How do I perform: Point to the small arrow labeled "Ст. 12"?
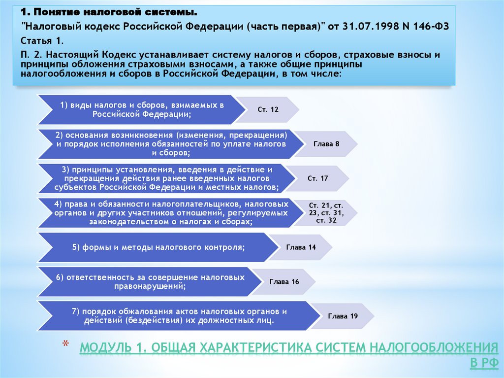[x=268, y=109]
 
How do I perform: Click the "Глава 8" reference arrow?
[x=327, y=144]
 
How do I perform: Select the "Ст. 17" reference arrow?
[x=318, y=178]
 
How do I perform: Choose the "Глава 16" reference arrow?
[x=284, y=281]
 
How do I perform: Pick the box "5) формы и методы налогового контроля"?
[x=157, y=247]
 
